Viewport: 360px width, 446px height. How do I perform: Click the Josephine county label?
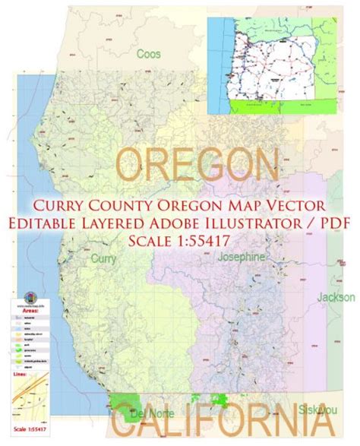pos(239,258)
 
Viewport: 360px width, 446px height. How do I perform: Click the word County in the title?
pos(133,205)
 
